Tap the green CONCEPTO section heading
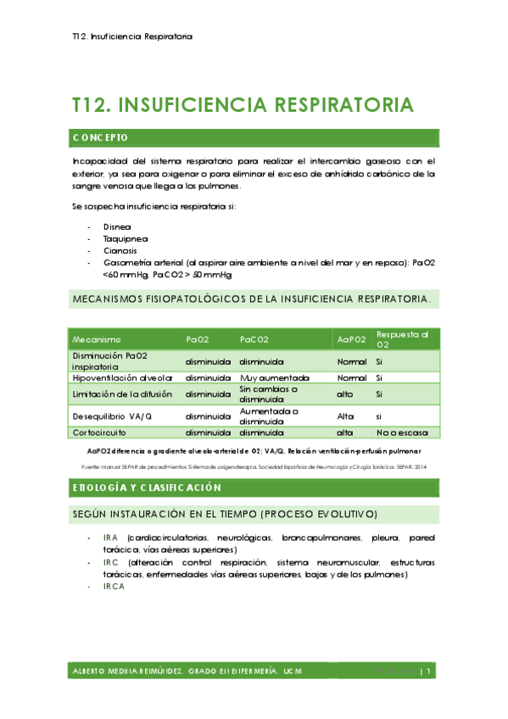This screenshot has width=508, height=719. (x=101, y=137)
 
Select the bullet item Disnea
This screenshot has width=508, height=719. (x=117, y=227)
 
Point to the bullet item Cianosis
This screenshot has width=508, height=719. (x=120, y=251)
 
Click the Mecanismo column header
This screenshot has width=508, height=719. (x=97, y=339)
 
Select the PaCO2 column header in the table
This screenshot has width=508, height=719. (x=254, y=339)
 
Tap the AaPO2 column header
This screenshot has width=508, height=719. (x=351, y=339)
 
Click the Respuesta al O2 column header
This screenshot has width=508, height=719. (x=402, y=339)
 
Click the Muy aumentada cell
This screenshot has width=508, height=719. (x=274, y=377)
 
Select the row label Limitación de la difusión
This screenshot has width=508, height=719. (x=122, y=394)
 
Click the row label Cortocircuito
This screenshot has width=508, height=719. (x=99, y=432)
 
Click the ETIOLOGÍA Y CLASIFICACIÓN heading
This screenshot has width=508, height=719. (x=147, y=488)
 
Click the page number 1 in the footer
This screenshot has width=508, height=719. (x=430, y=672)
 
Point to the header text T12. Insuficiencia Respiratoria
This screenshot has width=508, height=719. (x=132, y=37)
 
